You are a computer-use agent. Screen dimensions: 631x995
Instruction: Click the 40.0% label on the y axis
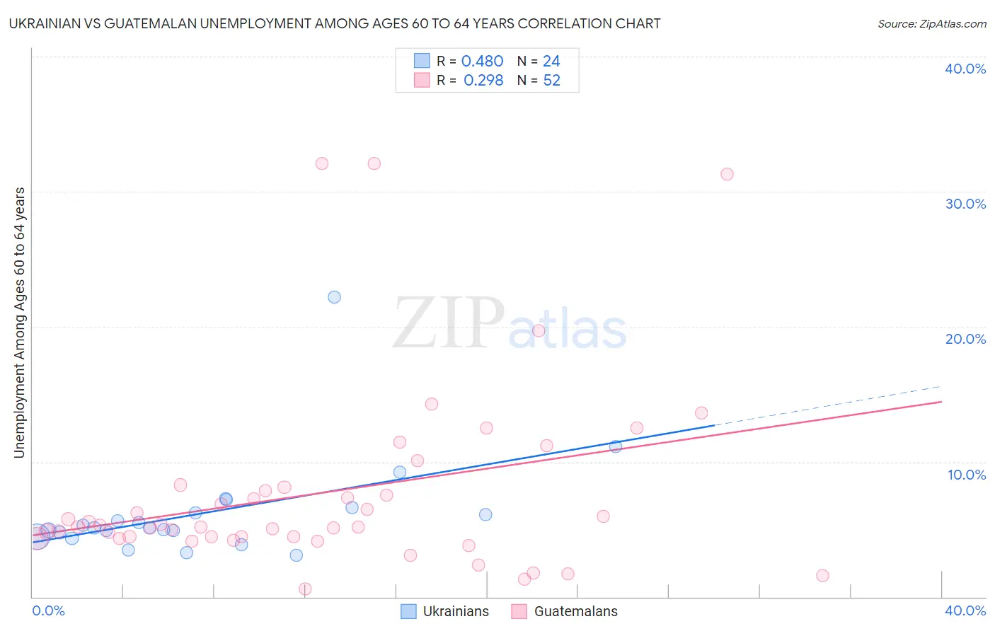(x=965, y=69)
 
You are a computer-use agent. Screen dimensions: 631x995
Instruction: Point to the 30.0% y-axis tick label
(x=965, y=204)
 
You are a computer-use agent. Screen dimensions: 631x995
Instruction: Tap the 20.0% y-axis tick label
(x=965, y=339)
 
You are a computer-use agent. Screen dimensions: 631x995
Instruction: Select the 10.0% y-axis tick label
(x=967, y=475)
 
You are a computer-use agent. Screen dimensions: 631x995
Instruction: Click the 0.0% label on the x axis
(x=48, y=610)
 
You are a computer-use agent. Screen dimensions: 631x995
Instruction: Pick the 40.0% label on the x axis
(x=965, y=610)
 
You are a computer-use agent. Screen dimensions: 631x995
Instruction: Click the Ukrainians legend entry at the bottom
(x=445, y=611)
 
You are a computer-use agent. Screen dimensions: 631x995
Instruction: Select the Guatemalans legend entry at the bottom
(x=565, y=611)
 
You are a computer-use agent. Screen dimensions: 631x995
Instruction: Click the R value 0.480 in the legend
(x=482, y=62)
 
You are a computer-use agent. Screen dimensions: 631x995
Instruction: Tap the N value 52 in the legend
(x=551, y=81)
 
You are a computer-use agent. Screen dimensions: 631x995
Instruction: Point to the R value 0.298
(x=483, y=81)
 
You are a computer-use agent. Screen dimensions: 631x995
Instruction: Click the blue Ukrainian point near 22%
(x=334, y=297)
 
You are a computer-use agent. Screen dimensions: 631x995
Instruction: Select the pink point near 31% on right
(x=727, y=174)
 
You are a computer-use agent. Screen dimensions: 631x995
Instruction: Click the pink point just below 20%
(x=539, y=330)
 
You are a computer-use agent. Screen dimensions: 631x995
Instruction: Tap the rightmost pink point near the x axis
(x=822, y=576)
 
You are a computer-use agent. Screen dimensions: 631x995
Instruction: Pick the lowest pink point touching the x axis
(x=305, y=589)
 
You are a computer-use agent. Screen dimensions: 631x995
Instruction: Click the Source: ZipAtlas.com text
(x=931, y=24)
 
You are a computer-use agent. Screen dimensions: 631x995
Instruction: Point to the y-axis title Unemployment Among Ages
(x=19, y=322)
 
